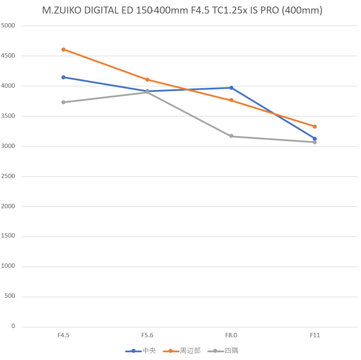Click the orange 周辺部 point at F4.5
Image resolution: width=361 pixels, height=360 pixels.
[63, 49]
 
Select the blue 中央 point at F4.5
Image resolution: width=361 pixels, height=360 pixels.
[63, 77]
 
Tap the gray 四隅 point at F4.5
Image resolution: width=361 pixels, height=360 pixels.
[63, 102]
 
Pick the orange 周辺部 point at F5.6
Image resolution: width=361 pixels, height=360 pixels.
[147, 80]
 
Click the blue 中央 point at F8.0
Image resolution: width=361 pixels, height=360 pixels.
[231, 88]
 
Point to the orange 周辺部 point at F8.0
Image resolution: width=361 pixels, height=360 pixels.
[231, 100]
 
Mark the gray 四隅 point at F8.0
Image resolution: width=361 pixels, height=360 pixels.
[231, 136]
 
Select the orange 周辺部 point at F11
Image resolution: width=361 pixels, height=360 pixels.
[315, 126]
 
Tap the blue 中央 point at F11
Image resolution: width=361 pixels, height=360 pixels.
[315, 139]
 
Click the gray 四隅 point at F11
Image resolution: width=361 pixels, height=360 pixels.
[315, 142]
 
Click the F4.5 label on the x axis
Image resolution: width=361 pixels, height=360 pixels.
[63, 335]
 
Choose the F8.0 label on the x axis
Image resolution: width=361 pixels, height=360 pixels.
[231, 335]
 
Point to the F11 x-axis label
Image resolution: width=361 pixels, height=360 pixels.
[315, 335]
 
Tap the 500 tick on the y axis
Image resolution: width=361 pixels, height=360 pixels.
[10, 297]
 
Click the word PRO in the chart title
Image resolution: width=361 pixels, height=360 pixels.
[269, 11]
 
